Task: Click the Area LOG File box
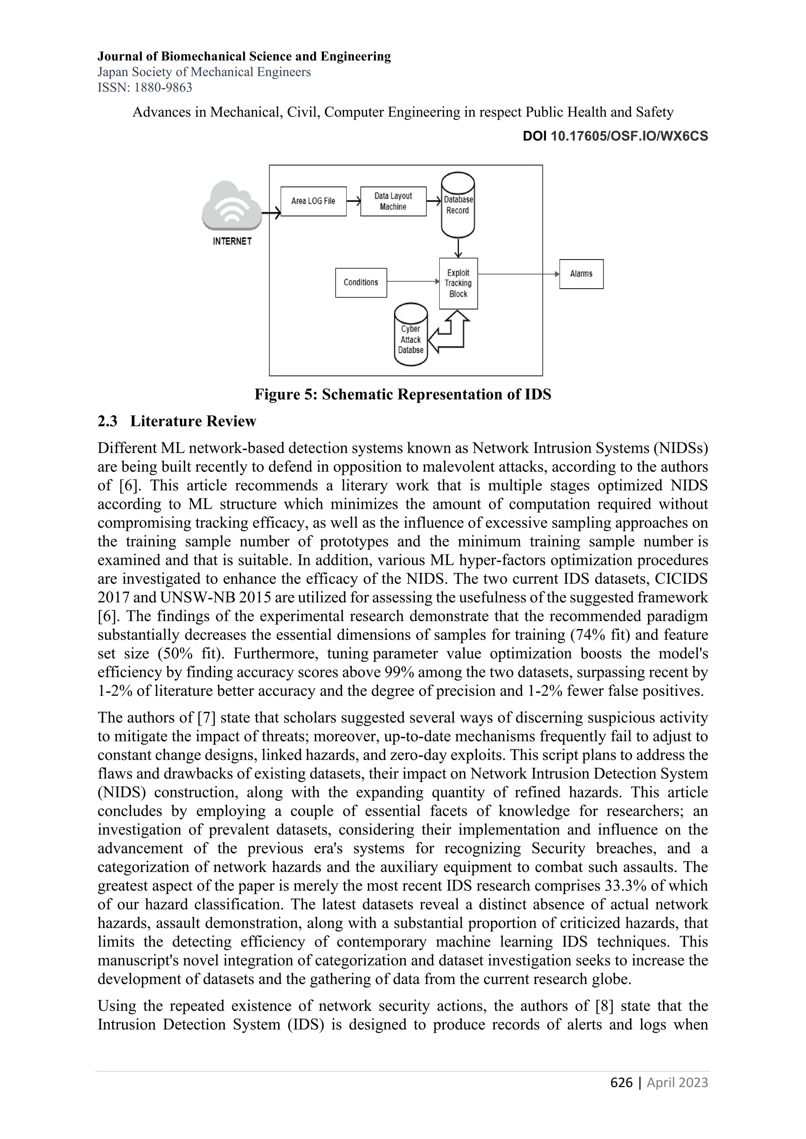coord(313,201)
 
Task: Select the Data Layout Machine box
coord(393,201)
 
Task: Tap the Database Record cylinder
coord(458,205)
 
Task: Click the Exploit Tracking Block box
coord(458,283)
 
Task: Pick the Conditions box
coord(361,282)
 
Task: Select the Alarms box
coord(581,274)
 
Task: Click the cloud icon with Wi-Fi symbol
coord(232,206)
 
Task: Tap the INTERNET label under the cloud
coord(232,241)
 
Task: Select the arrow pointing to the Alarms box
coord(519,274)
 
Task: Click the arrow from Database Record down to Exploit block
coord(458,247)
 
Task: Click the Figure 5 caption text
coord(403,394)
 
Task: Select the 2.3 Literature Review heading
coord(177,421)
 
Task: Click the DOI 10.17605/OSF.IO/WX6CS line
coord(616,136)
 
